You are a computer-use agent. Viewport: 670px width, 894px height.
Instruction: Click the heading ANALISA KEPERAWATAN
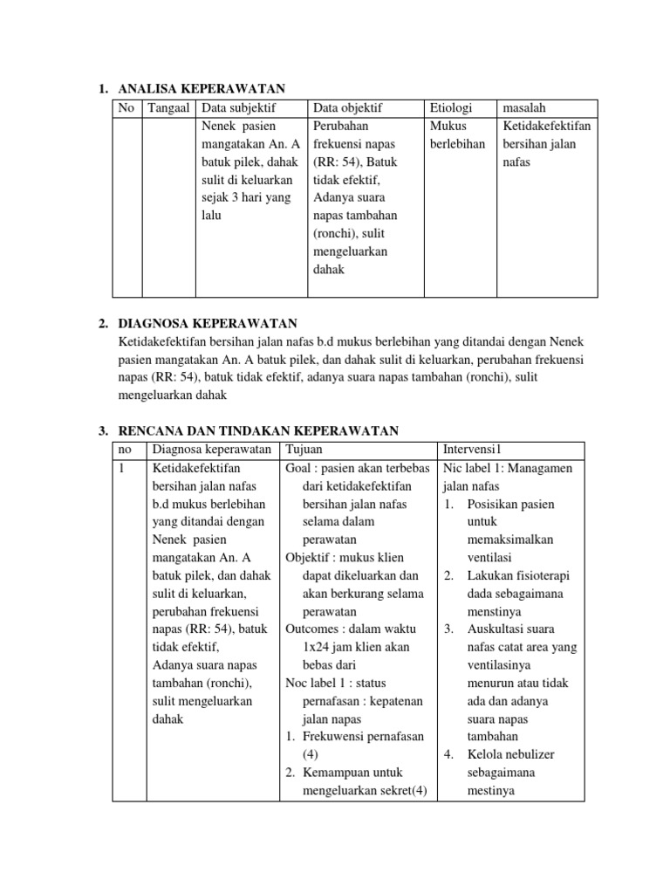point(202,88)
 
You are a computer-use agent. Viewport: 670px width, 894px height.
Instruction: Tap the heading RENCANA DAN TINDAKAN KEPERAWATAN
point(257,430)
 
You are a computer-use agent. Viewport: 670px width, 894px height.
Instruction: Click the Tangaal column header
point(169,107)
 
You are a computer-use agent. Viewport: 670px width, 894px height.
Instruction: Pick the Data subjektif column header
point(238,107)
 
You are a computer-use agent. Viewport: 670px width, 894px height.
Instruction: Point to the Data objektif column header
point(347,107)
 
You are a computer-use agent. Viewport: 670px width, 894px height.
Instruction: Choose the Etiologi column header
point(450,107)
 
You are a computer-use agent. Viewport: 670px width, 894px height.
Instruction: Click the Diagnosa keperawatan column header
point(211,449)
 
